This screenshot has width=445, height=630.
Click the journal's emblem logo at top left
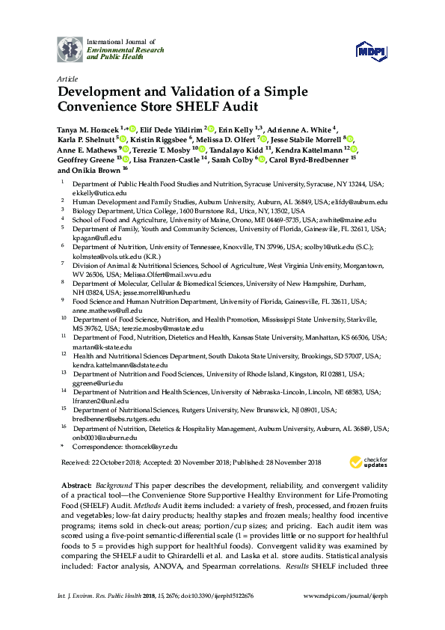point(70,49)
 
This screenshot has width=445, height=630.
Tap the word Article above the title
point(67,79)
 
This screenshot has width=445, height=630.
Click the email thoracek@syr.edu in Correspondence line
point(153,445)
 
